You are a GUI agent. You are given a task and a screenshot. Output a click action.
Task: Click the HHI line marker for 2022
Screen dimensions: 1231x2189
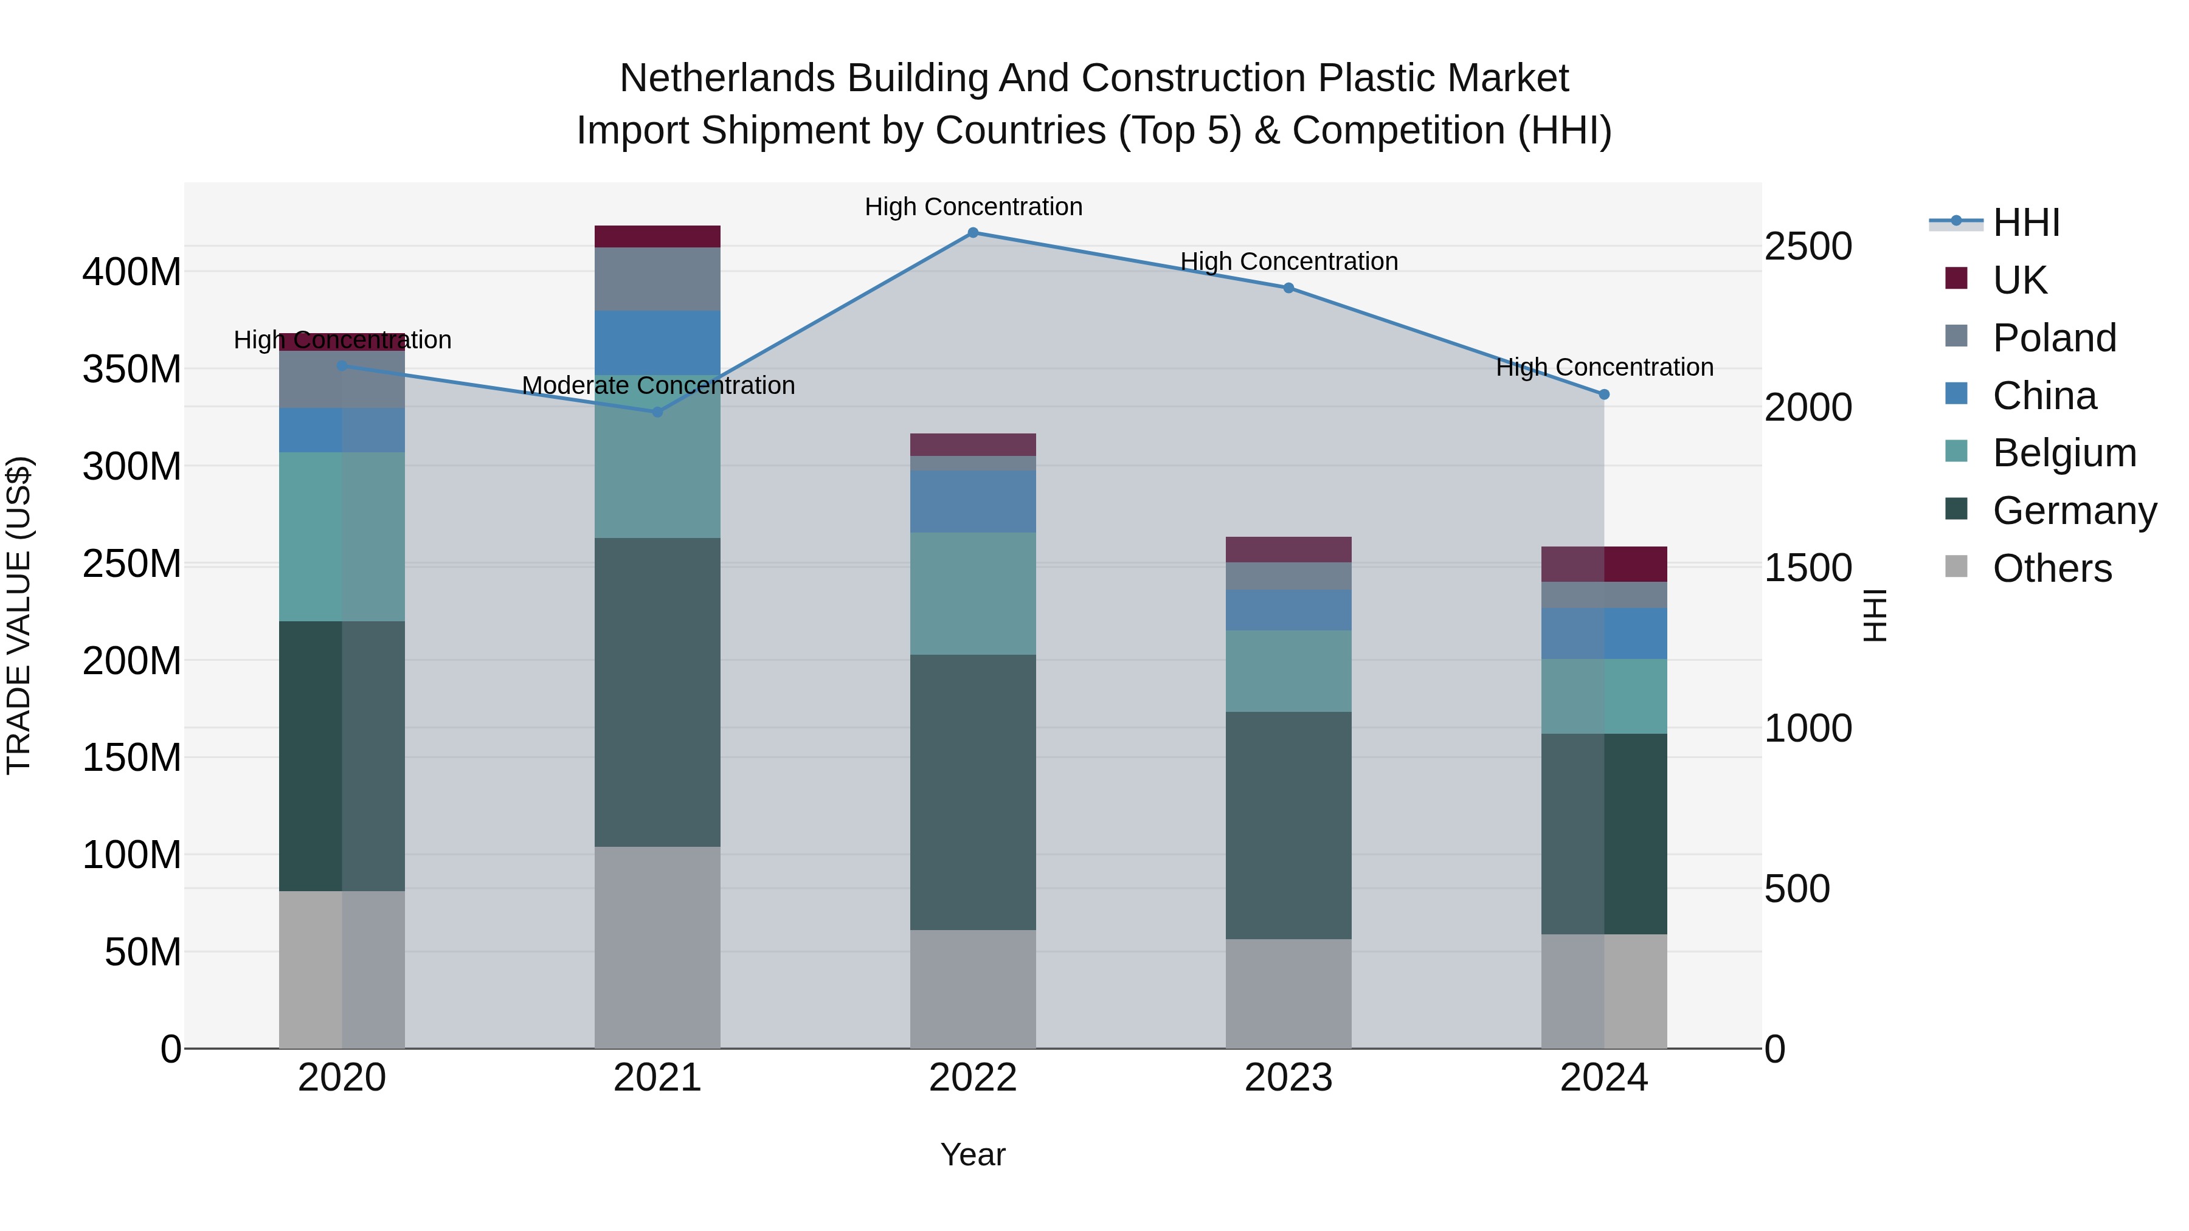973,232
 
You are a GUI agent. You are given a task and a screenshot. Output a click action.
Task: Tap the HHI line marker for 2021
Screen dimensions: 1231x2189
657,412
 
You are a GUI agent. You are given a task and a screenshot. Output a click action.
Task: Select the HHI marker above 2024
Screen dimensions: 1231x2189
1603,394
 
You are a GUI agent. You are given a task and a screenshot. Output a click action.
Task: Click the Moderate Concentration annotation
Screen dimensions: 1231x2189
658,385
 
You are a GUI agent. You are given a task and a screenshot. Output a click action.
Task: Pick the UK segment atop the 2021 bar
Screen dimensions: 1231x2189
657,236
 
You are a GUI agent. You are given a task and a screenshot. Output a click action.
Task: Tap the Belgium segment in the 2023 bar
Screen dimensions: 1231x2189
1288,671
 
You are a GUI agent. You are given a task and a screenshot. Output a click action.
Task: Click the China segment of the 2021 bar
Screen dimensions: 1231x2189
657,342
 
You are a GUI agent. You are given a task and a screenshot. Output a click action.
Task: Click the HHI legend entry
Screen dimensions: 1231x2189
2026,222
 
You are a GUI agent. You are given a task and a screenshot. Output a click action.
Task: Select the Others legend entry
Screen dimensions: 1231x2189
2052,568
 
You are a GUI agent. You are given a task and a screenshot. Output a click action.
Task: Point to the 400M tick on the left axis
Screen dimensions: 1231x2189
132,273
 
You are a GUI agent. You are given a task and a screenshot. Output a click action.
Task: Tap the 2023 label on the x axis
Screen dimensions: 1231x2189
1288,1078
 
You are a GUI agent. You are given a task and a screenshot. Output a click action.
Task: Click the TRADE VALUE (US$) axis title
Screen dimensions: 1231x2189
19,615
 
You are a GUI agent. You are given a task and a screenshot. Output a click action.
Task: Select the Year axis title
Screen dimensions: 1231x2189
973,1154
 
